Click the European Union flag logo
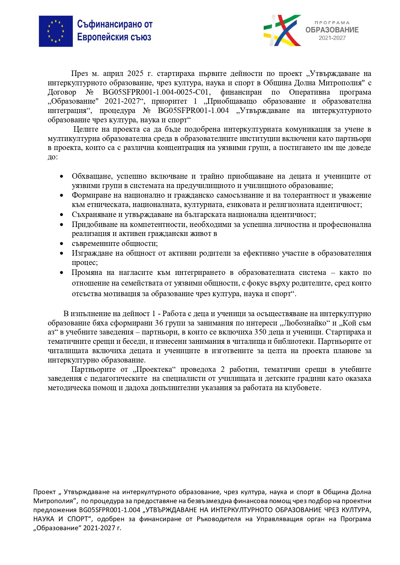56,31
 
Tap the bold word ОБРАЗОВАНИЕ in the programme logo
332,30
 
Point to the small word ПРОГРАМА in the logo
332,23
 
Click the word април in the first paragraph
113,74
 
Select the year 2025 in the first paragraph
135,74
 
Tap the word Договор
62,92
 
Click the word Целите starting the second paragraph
85,129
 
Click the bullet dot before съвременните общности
62,244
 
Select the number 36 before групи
159,323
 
